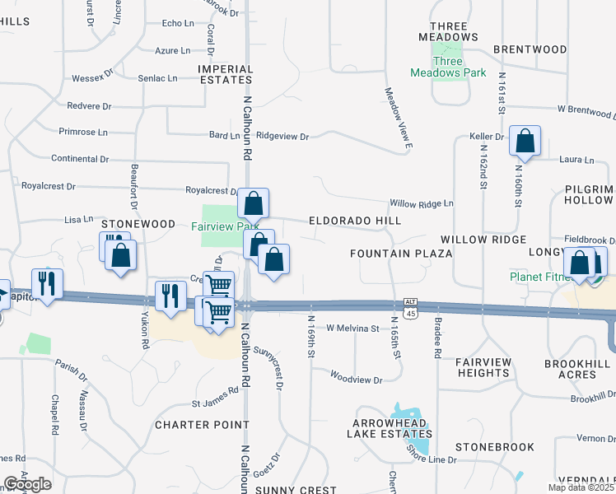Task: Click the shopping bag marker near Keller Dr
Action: click(x=525, y=142)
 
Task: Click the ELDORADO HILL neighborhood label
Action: click(x=355, y=221)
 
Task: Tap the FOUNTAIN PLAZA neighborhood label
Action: click(x=401, y=253)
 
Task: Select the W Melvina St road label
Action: click(x=352, y=329)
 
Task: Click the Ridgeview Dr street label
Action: click(x=282, y=136)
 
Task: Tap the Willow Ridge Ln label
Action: click(x=422, y=203)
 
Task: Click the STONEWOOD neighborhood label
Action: click(x=138, y=224)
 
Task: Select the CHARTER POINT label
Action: click(x=202, y=425)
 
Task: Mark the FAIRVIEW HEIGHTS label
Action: click(x=483, y=367)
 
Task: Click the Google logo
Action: click(x=27, y=484)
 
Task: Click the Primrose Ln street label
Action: click(x=82, y=132)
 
